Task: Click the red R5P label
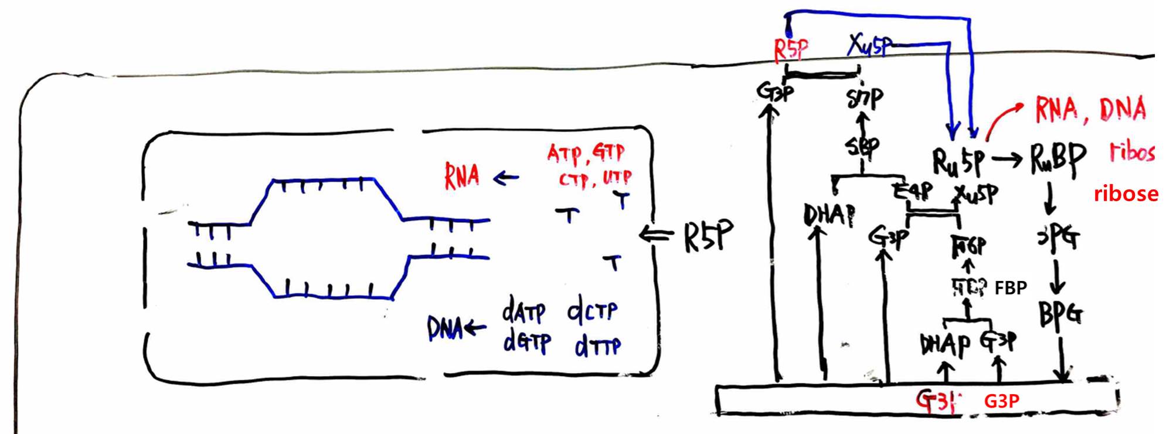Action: [x=791, y=50]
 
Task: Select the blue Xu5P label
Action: [x=869, y=45]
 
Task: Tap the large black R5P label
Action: [x=708, y=236]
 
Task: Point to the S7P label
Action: [x=865, y=99]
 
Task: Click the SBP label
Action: [x=862, y=147]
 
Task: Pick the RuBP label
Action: [x=1058, y=160]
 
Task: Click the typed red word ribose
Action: [x=1126, y=194]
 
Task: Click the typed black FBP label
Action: [x=1011, y=287]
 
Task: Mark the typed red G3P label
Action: [x=1001, y=401]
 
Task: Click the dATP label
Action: [x=523, y=311]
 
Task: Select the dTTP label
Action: [x=597, y=345]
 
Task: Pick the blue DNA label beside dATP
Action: [x=444, y=329]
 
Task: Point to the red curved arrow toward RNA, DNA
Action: [x=1002, y=120]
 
